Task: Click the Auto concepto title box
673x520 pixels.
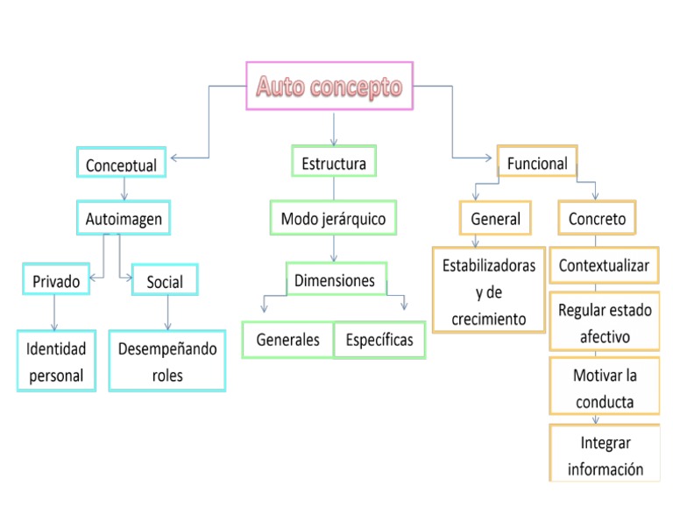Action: click(x=329, y=86)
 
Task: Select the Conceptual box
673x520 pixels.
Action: click(x=121, y=163)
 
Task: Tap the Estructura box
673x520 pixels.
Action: click(x=334, y=162)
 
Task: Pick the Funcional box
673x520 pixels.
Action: click(x=537, y=162)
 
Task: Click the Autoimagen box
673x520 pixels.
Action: click(x=124, y=218)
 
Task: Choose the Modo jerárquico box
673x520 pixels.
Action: click(x=333, y=218)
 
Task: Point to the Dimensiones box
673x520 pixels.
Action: click(x=336, y=280)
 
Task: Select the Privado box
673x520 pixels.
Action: click(x=56, y=281)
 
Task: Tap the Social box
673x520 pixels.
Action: click(x=165, y=281)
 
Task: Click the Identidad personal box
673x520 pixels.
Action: click(x=56, y=362)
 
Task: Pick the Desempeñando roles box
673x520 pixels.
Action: click(x=167, y=362)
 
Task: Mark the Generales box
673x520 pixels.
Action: click(x=287, y=340)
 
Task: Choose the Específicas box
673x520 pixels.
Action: click(x=379, y=340)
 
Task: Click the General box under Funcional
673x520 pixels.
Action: click(x=495, y=218)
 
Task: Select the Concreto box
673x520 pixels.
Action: click(x=597, y=218)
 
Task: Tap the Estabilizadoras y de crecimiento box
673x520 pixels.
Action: click(x=489, y=292)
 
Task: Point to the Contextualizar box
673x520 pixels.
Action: click(x=604, y=265)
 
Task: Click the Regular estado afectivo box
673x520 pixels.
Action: click(x=605, y=323)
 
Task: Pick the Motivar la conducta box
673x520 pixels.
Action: click(x=605, y=388)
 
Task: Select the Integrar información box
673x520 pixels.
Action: click(x=605, y=455)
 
